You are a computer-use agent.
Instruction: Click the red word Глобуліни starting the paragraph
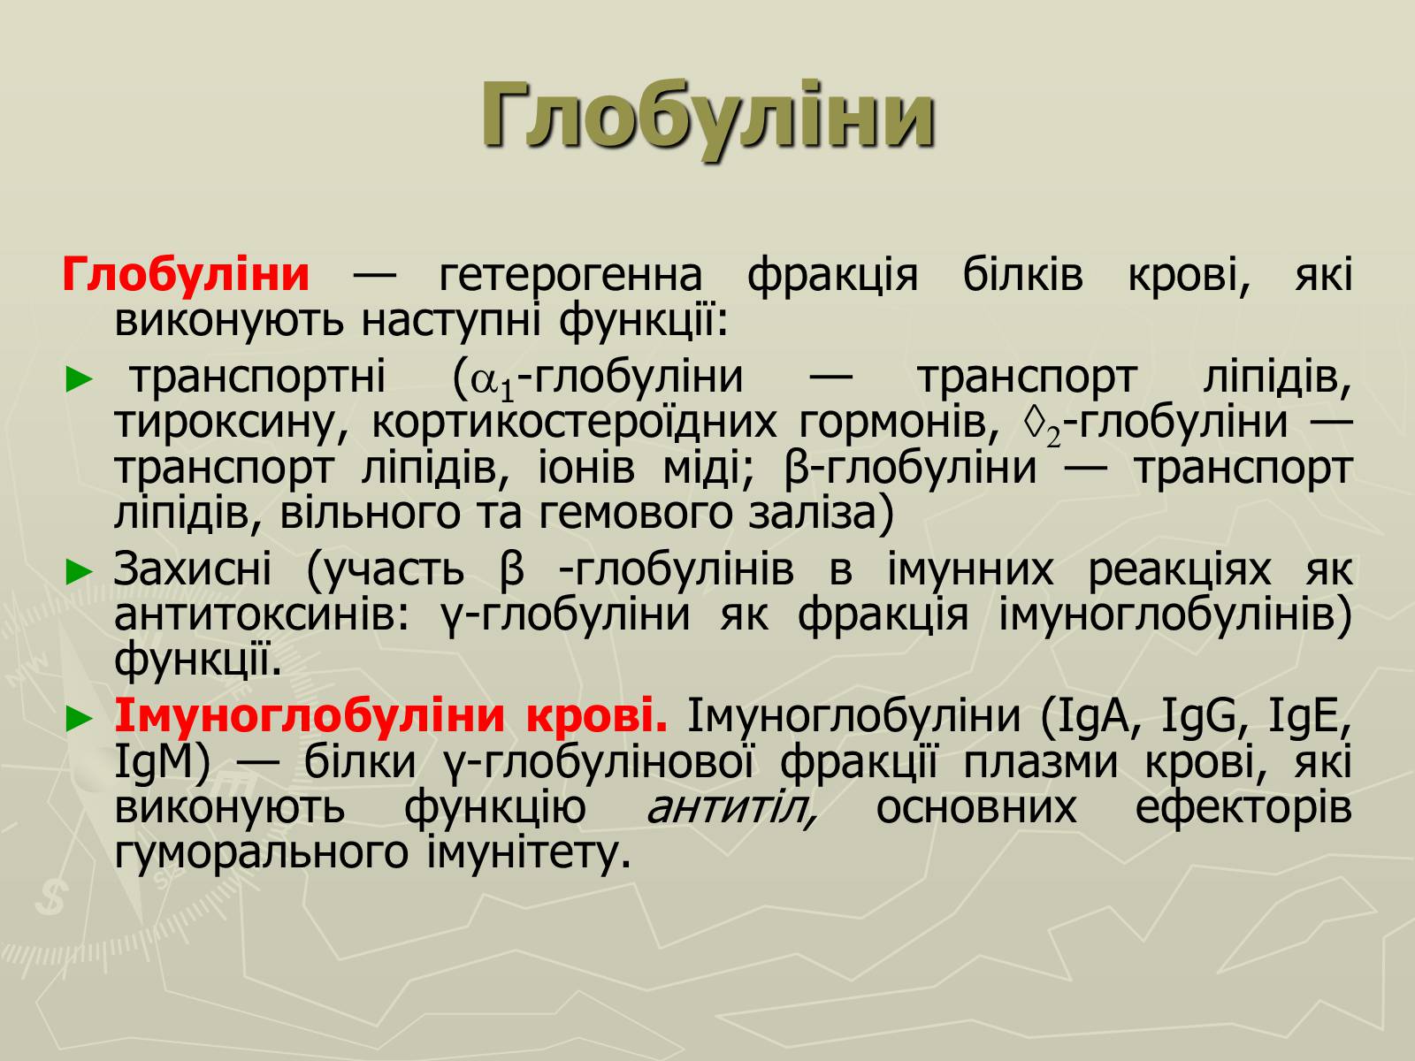[x=186, y=274]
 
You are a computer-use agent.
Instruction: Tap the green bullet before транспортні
[x=80, y=379]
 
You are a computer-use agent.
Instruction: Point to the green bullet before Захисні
[x=80, y=572]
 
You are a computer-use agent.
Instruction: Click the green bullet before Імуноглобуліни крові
[x=80, y=718]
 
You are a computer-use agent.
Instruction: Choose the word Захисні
[x=193, y=569]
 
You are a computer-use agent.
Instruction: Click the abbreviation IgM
[x=154, y=763]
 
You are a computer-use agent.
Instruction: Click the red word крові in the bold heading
[x=597, y=715]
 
